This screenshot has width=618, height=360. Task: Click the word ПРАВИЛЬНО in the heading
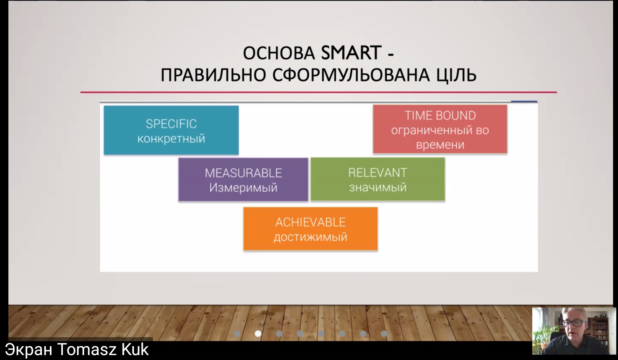click(213, 75)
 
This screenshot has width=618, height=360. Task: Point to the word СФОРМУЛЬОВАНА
click(350, 75)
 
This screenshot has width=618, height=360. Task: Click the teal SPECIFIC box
click(171, 130)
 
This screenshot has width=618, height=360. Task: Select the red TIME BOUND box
click(440, 129)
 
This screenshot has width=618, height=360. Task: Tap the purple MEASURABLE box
click(243, 179)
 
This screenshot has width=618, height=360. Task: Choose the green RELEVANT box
click(378, 179)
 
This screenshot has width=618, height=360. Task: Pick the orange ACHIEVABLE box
click(310, 229)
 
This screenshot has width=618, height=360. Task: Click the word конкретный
click(171, 139)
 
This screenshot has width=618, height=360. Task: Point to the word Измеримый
click(243, 188)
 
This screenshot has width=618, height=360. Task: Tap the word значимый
click(378, 187)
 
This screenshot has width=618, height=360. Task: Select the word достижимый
click(310, 237)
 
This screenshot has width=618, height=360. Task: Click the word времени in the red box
click(440, 145)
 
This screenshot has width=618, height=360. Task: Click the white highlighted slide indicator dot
click(258, 333)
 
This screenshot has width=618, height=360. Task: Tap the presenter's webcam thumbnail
click(574, 331)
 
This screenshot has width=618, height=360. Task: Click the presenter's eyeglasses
click(574, 323)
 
